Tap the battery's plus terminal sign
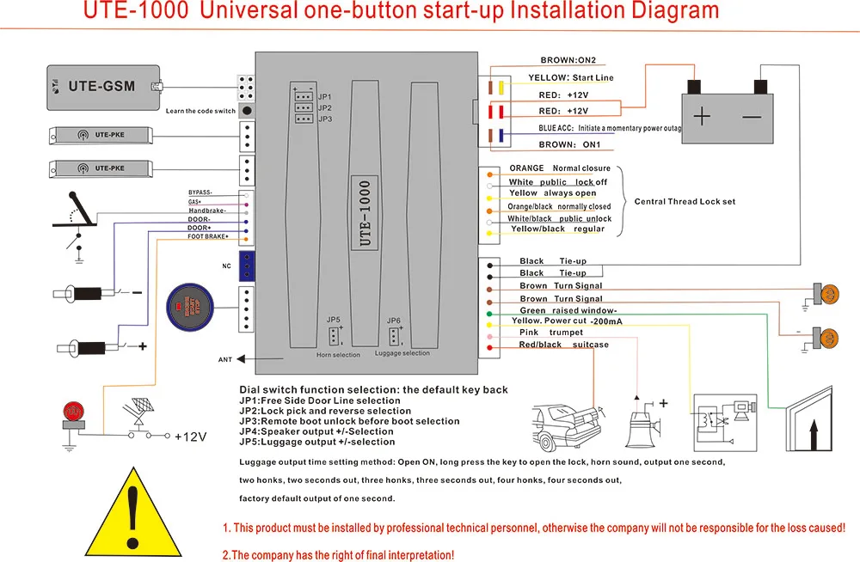[x=703, y=116]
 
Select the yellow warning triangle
[x=131, y=514]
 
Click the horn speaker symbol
[x=642, y=420]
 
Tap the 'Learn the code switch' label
[x=200, y=111]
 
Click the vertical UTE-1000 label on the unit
[x=365, y=213]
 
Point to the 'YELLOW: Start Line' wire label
[x=570, y=78]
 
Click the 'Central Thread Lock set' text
[x=685, y=202]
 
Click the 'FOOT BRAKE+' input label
[x=208, y=237]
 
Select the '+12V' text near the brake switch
[x=191, y=437]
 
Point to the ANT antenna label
[x=225, y=359]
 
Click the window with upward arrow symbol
[x=813, y=425]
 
